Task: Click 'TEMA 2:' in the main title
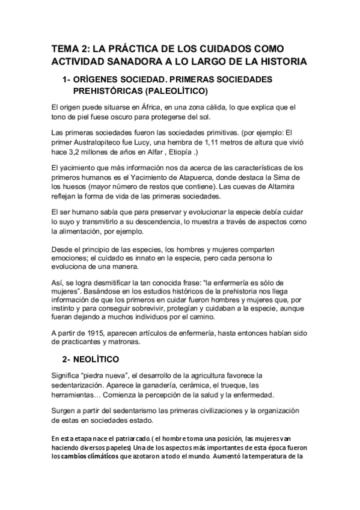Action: point(71,49)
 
